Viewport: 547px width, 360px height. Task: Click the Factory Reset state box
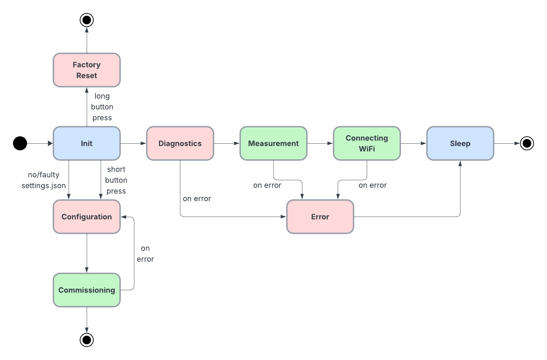coord(87,70)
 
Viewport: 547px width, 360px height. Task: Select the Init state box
coord(87,143)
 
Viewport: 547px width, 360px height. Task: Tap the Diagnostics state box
coord(180,143)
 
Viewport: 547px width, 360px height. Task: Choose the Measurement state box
coord(273,143)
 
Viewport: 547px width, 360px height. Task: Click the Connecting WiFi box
coord(367,143)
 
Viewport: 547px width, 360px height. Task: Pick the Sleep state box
coord(460,143)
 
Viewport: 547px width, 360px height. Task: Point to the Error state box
coord(320,217)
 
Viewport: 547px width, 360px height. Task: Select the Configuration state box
coord(87,217)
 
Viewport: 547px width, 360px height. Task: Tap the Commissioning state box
coord(87,290)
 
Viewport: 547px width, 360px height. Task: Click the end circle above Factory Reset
coord(87,20)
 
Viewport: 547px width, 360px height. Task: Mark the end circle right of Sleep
coord(527,143)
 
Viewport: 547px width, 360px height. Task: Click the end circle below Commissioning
coord(87,340)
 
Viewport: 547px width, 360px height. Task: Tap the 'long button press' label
coord(102,107)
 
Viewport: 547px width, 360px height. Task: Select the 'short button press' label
coord(116,180)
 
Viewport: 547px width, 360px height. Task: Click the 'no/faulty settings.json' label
coord(44,180)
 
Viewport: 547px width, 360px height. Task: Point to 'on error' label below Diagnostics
coord(197,199)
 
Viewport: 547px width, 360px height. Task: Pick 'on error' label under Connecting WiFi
coord(373,185)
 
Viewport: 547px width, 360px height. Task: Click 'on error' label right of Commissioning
coord(145,254)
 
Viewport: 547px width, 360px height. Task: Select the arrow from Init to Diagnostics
coord(133,143)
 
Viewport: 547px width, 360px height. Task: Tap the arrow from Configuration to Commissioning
coord(87,253)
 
